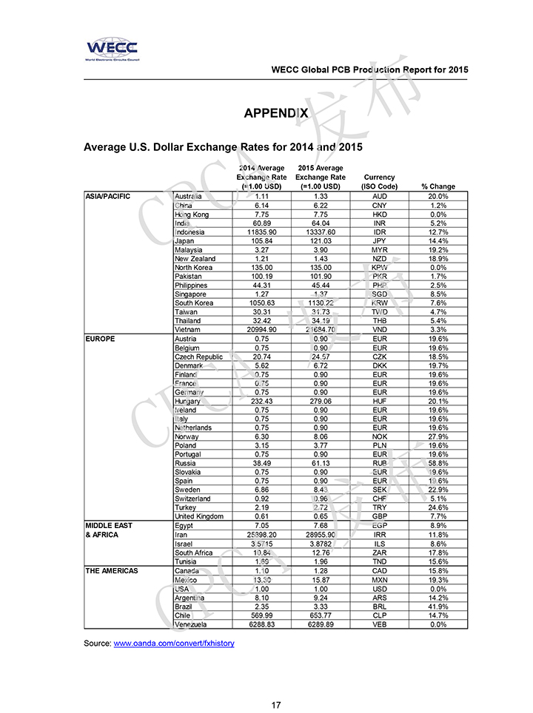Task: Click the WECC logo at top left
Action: coord(112,49)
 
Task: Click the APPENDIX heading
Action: coord(275,113)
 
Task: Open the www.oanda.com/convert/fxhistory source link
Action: coord(174,643)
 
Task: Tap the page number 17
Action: coord(275,705)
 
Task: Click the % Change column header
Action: coord(438,186)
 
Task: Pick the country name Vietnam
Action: coord(188,330)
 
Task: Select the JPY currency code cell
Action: coord(380,241)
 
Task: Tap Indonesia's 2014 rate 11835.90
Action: coord(261,232)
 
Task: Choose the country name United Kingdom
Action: coord(200,516)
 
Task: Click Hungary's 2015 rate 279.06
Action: coord(320,401)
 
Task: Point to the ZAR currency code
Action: coord(380,553)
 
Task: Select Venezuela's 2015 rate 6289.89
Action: coord(320,624)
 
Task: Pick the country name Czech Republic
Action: coord(198,356)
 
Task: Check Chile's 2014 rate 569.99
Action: coord(261,615)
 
